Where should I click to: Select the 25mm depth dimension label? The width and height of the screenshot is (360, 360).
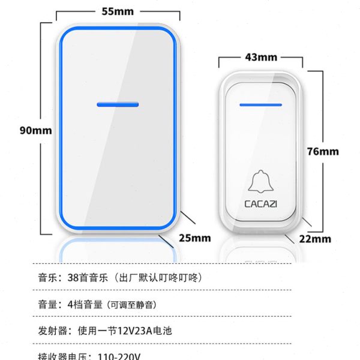(195, 238)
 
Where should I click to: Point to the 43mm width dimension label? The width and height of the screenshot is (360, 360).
(260, 57)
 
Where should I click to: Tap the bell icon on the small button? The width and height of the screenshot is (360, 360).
(260, 182)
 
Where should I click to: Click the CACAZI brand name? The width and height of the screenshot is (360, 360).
(260, 204)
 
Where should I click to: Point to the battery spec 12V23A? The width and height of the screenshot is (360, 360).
(136, 331)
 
